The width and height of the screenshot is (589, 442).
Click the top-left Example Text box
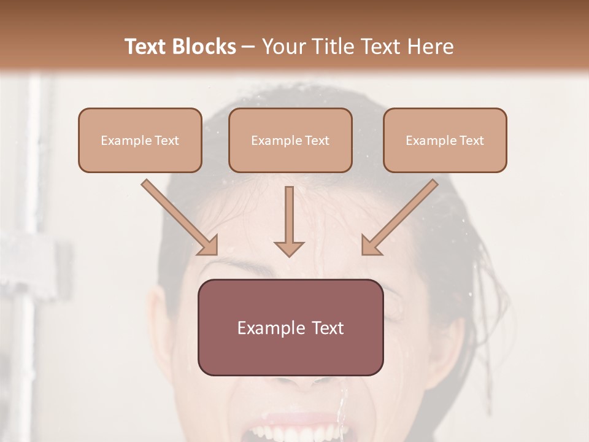click(x=140, y=140)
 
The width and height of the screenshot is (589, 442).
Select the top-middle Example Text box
click(x=290, y=140)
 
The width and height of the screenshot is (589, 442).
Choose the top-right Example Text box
click(x=445, y=140)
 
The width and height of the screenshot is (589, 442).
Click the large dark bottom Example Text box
click(x=290, y=327)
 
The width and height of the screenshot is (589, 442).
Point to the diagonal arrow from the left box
click(x=179, y=217)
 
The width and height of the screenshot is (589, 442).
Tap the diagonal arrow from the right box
click(x=400, y=217)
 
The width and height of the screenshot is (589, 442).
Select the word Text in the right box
click(x=471, y=141)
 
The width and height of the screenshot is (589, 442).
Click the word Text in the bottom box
click(x=329, y=328)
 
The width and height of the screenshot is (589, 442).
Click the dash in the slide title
click(x=248, y=47)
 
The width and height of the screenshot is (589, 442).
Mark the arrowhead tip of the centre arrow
click(x=289, y=255)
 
